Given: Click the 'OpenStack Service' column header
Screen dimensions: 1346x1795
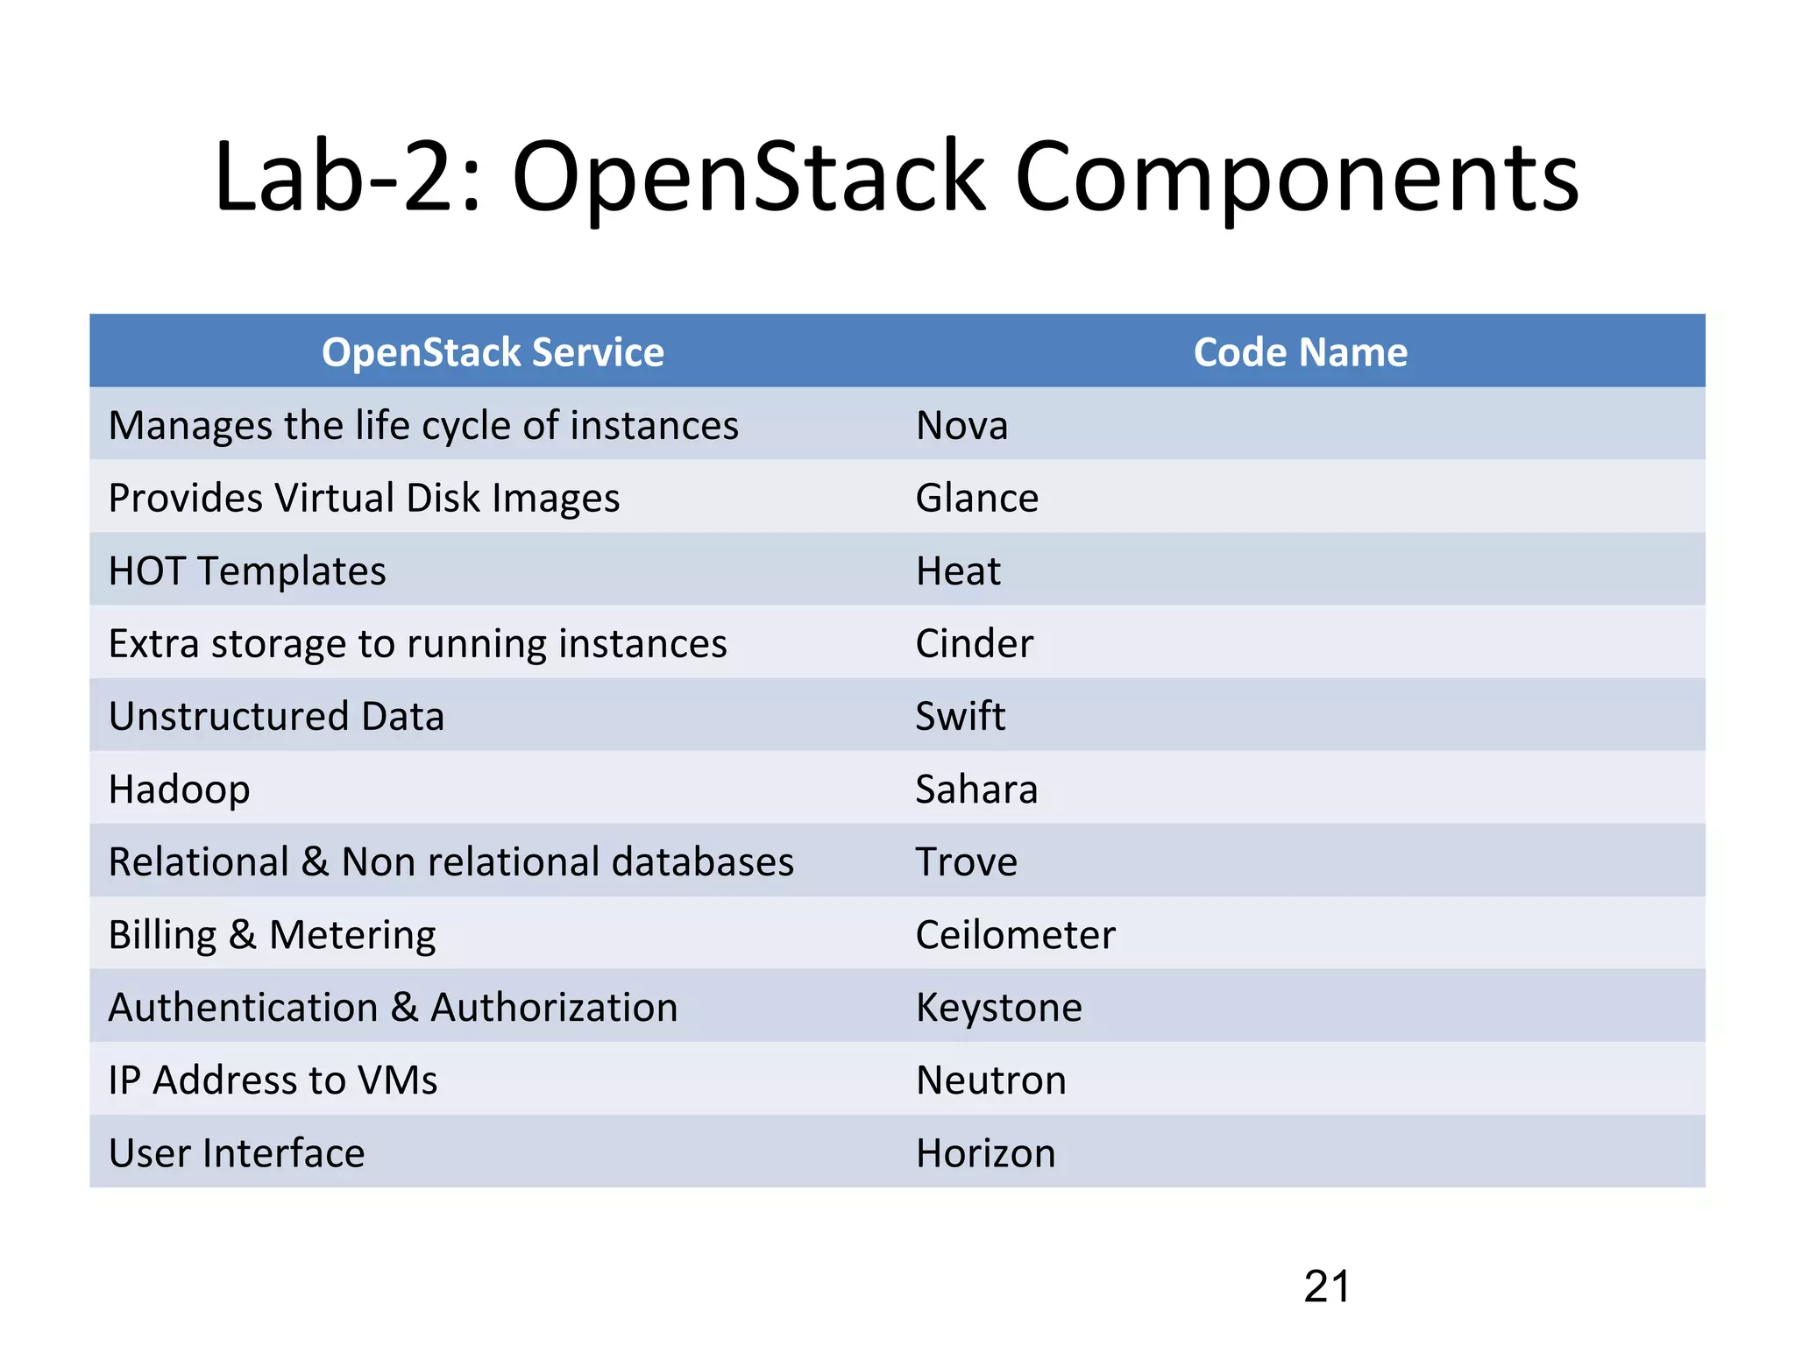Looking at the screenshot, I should point(493,352).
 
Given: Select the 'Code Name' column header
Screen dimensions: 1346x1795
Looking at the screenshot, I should point(1300,352).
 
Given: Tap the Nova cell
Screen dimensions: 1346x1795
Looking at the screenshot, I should point(961,426).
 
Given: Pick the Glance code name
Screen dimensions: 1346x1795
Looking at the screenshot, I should point(976,499).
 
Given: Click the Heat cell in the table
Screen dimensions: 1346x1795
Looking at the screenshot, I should point(957,571).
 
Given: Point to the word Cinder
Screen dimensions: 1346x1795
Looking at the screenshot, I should point(974,644).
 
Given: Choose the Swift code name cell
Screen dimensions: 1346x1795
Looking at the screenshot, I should point(960,717).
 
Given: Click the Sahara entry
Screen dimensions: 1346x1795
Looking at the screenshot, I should point(976,790).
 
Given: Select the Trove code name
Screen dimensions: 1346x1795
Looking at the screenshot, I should point(966,862).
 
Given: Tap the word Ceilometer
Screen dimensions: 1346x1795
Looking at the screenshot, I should point(1015,935).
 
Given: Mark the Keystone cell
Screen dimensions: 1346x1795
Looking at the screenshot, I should point(998,1008).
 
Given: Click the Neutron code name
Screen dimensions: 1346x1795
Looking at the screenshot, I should point(990,1080).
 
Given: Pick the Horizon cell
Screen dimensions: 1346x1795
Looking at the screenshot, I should point(985,1153).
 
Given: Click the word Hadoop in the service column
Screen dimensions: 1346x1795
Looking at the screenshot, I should point(180,790).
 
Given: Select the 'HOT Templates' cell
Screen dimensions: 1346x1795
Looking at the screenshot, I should point(247,571).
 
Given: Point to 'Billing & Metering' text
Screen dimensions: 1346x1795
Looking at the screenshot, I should point(272,935).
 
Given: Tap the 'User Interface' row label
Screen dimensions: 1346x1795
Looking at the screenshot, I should point(237,1153).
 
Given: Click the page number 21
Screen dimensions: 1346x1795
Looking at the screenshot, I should point(1326,1286).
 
